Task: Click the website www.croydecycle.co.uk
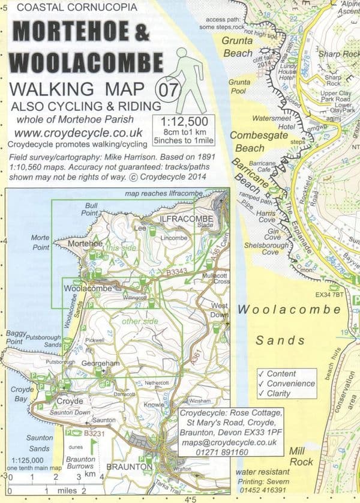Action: [x=76, y=133]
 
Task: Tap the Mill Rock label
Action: [x=302, y=457]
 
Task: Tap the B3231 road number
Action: [x=94, y=432]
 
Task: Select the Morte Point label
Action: [x=40, y=242]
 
